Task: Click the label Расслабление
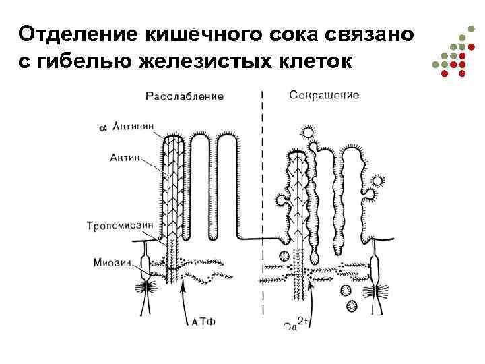[x=185, y=96]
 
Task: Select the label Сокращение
[x=323, y=95]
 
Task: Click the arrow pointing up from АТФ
[x=185, y=297]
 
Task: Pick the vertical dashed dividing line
[x=261, y=202]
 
